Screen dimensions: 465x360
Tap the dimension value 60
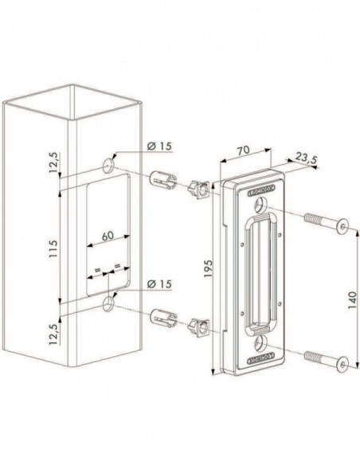click(x=107, y=236)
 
